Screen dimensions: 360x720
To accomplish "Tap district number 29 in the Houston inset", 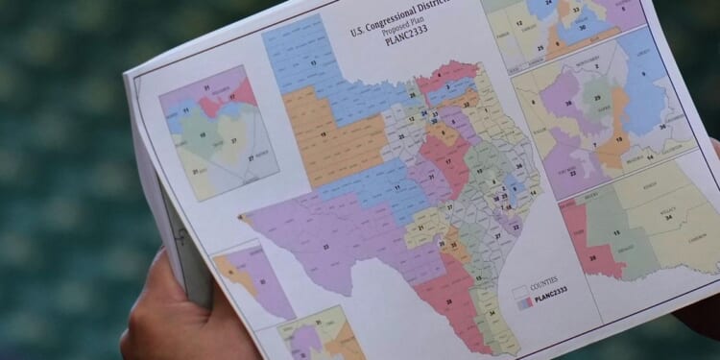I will [x=599, y=99].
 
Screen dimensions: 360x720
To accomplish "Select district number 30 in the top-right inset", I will [x=583, y=28].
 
